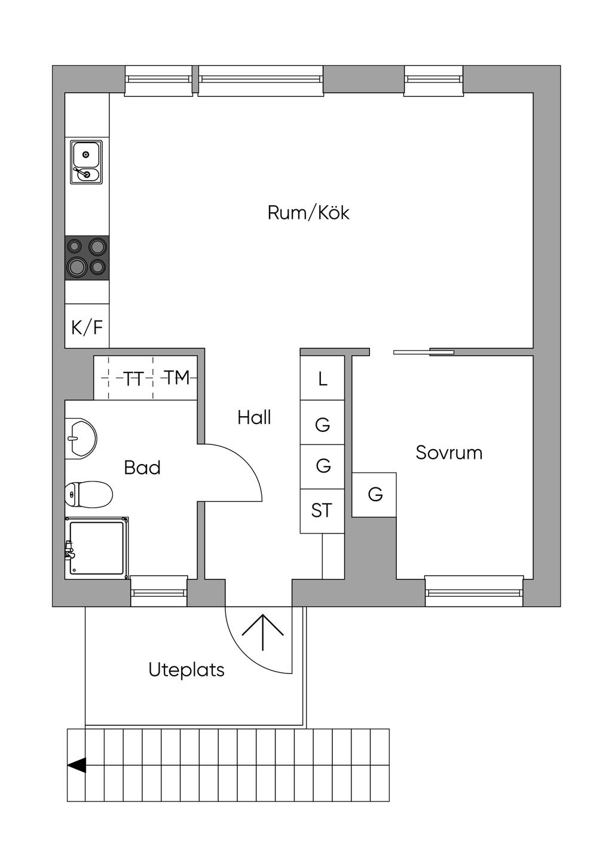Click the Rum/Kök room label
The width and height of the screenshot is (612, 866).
pos(308,213)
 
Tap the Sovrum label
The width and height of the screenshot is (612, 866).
pos(449,453)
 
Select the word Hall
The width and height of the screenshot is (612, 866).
pos(254,417)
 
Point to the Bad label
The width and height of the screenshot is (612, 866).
pos(142,468)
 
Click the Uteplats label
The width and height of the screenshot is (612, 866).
pos(186,670)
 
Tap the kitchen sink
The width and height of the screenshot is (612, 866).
pos(86,162)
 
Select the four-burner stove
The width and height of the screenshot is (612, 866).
pos(87,257)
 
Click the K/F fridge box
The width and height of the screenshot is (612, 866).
pos(87,327)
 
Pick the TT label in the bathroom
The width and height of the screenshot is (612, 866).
pos(133,379)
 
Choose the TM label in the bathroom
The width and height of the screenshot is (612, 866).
pos(176,378)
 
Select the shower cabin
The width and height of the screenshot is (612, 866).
pos(97,548)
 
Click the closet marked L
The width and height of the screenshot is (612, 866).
pos(322,379)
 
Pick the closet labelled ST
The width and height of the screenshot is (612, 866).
pos(322,511)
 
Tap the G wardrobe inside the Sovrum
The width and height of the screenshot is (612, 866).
pos(375,495)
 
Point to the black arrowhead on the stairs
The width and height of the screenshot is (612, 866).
pos(76,765)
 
